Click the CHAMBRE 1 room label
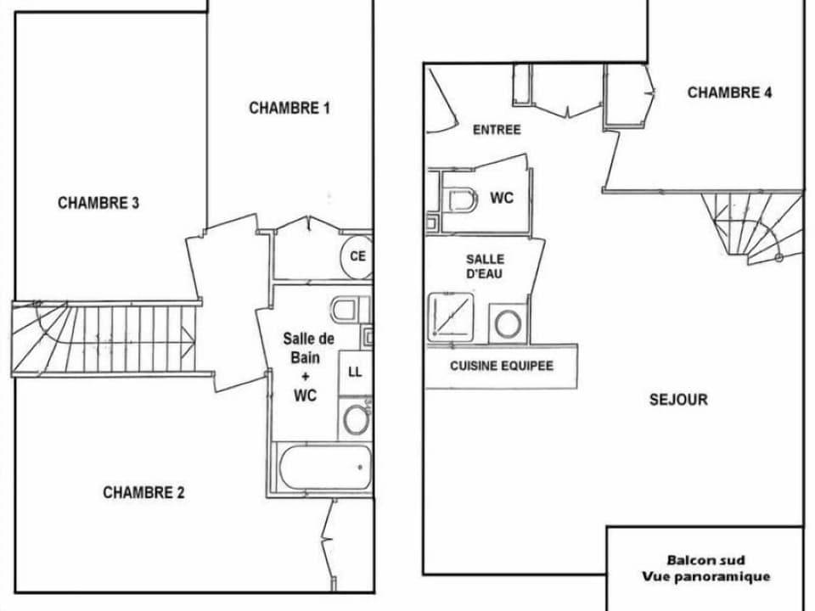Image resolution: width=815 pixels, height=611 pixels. click(289, 108)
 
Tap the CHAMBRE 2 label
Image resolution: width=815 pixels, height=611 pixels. click(143, 492)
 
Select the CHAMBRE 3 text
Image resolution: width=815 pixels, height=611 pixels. click(98, 203)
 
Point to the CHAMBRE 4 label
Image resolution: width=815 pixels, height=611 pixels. click(729, 92)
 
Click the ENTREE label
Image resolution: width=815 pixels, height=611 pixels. click(497, 130)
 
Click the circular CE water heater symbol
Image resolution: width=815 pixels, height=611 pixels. click(357, 255)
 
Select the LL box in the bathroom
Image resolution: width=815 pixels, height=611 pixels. click(355, 372)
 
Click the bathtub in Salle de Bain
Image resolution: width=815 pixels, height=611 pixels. click(325, 466)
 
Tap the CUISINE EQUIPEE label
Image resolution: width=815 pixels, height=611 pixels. click(501, 366)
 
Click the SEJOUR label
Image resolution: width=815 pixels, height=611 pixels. click(678, 400)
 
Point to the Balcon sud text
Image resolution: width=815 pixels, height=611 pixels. click(705, 560)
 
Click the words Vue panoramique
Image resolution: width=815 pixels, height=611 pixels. click(705, 577)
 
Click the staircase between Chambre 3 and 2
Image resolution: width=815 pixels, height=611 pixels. click(106, 338)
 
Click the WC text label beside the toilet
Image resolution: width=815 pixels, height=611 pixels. click(502, 199)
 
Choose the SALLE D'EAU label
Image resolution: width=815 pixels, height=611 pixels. click(485, 266)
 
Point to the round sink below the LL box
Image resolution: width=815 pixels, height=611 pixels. click(354, 419)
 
